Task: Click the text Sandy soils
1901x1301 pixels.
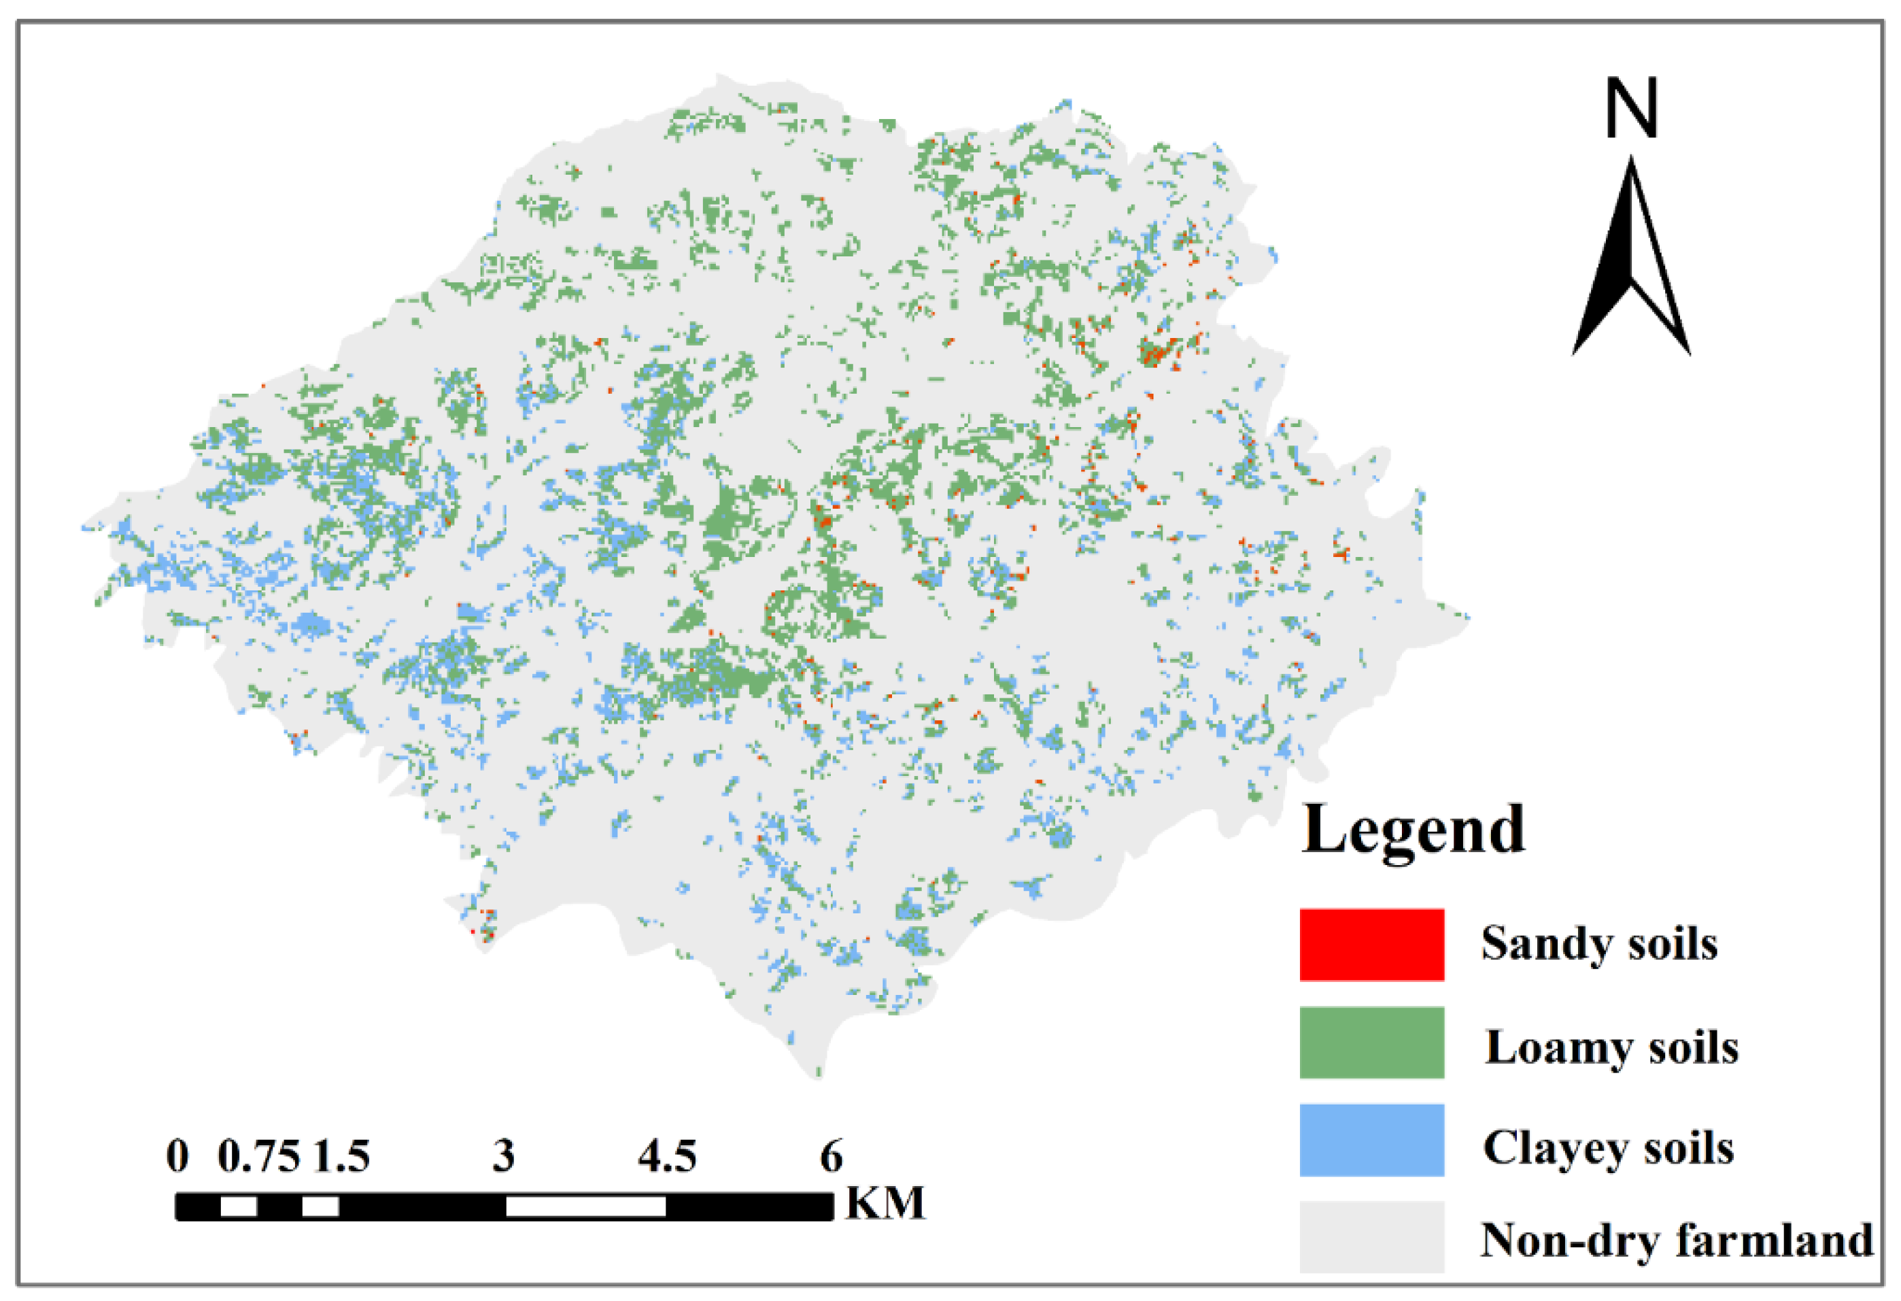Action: (1598, 943)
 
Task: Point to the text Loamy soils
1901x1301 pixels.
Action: (1611, 1047)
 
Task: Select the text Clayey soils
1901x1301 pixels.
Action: (1607, 1147)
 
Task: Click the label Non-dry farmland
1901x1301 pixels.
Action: (1676, 1240)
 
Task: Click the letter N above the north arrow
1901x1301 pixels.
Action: (1631, 108)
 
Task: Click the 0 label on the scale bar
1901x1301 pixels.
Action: (177, 1156)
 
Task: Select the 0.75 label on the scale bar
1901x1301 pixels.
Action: (258, 1156)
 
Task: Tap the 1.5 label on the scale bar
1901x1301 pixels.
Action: (342, 1156)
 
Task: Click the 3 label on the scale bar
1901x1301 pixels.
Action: (504, 1156)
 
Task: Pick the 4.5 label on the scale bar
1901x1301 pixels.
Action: (668, 1156)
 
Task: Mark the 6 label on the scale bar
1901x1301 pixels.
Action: (831, 1156)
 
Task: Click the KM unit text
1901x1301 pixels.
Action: (885, 1203)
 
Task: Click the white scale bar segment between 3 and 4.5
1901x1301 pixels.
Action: (585, 1206)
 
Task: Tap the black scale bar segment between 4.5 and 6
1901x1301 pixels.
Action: (749, 1206)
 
